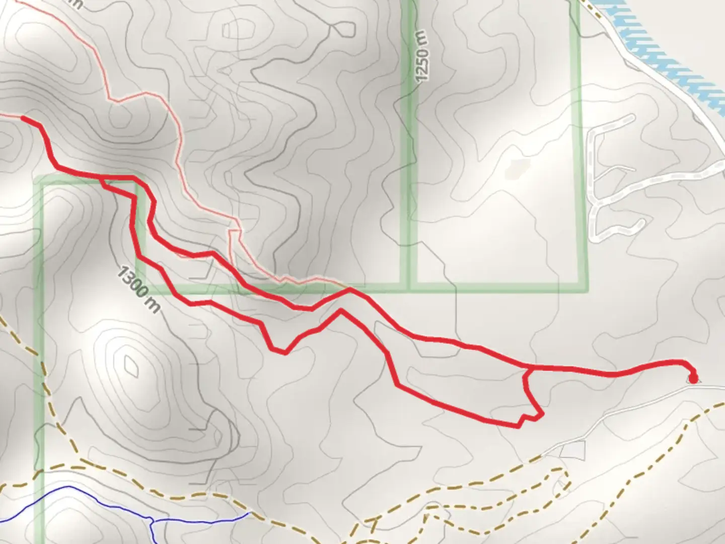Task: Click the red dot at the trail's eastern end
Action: click(693, 378)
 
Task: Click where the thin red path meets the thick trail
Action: click(348, 290)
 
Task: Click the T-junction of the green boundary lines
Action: click(409, 288)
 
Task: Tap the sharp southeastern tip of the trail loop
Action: click(542, 416)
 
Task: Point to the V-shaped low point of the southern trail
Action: click(285, 352)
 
